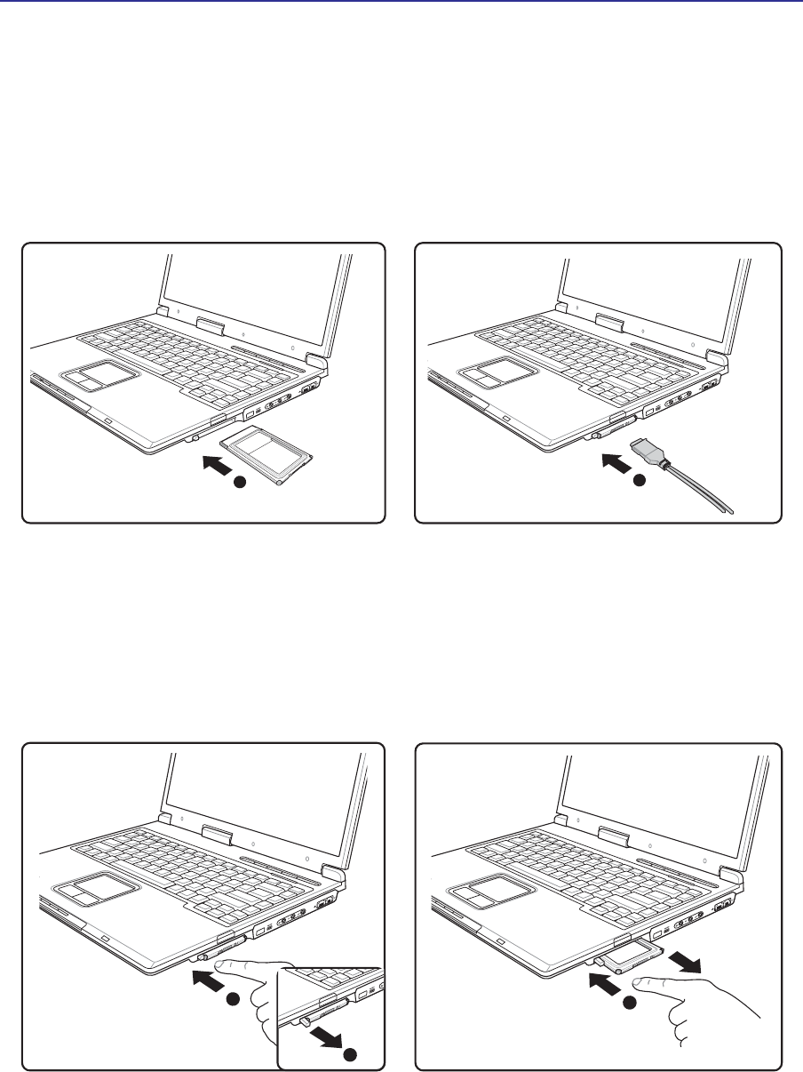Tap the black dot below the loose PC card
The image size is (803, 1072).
click(x=238, y=483)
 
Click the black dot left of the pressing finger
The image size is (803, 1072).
click(x=233, y=1000)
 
